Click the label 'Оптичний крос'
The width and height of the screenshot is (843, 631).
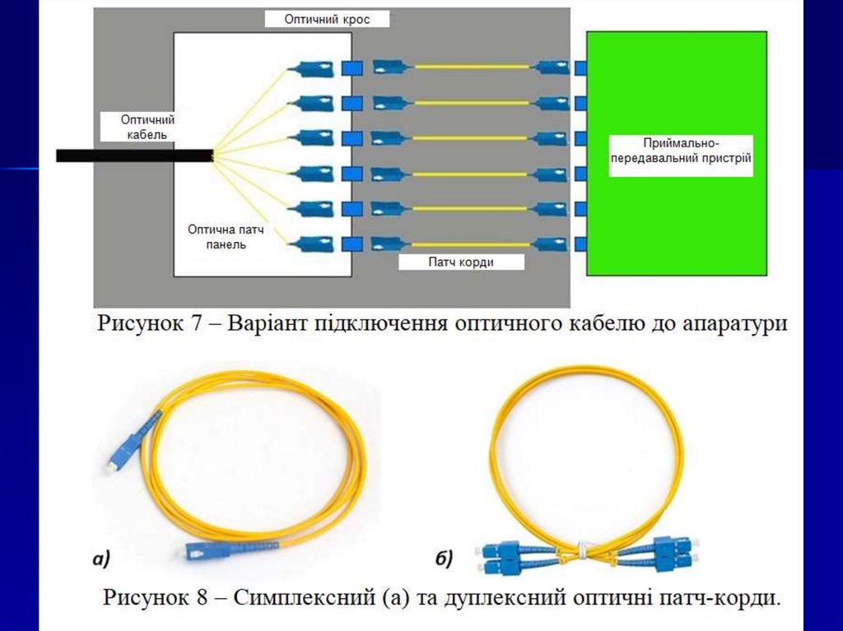[x=327, y=18]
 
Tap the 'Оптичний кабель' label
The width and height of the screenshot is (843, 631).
[x=148, y=127]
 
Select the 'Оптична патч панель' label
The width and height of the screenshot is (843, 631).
[x=231, y=237]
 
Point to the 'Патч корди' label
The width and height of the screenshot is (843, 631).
[x=461, y=262]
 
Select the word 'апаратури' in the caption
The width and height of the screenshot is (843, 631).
[x=734, y=323]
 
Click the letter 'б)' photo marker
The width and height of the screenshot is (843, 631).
[x=444, y=560]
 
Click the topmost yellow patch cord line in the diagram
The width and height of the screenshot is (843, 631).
[x=471, y=67]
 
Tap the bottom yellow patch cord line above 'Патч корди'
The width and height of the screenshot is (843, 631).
[x=471, y=244]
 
